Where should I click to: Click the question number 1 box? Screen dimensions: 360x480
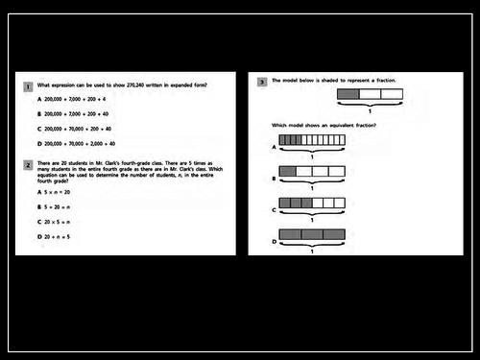point(29,86)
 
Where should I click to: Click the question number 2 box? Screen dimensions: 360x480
point(29,165)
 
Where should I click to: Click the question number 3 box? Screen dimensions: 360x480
point(263,83)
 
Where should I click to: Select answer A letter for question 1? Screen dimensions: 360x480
point(39,99)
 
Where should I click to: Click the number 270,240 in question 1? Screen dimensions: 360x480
point(139,85)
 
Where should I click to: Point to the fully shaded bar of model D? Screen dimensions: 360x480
point(311,233)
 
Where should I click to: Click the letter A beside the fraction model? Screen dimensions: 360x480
point(275,148)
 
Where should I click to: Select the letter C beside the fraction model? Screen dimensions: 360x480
point(275,209)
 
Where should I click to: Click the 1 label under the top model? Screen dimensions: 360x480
point(369,111)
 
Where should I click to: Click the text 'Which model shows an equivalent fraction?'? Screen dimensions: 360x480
point(324,127)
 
